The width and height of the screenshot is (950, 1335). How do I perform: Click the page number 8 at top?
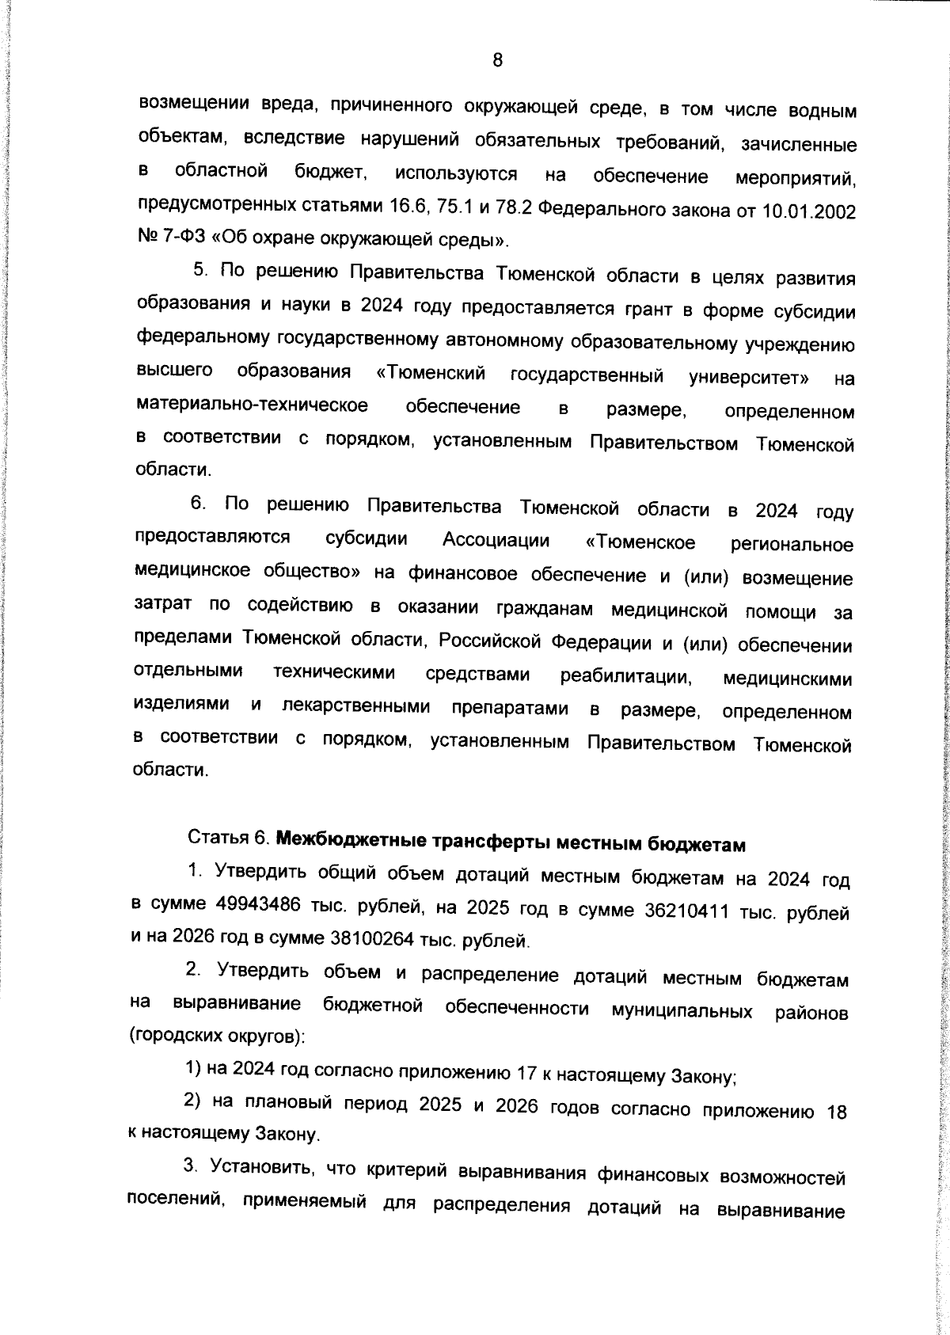(497, 60)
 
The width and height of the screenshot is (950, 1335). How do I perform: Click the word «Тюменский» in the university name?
(431, 373)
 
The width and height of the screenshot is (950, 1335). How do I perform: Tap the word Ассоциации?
(496, 540)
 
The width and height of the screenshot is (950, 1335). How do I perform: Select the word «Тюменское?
(640, 542)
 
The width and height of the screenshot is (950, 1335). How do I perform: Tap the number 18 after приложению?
(836, 1112)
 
